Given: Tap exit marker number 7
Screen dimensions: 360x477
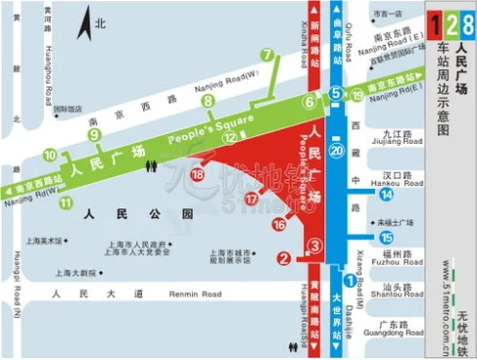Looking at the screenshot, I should click(x=267, y=54).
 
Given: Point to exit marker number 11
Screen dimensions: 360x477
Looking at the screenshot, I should click(x=66, y=202).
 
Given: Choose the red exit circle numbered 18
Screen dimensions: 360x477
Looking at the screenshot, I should click(x=198, y=174).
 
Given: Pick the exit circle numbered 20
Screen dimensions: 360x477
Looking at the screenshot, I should click(x=337, y=151).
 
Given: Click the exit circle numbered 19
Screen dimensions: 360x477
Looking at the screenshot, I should click(x=357, y=95).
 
